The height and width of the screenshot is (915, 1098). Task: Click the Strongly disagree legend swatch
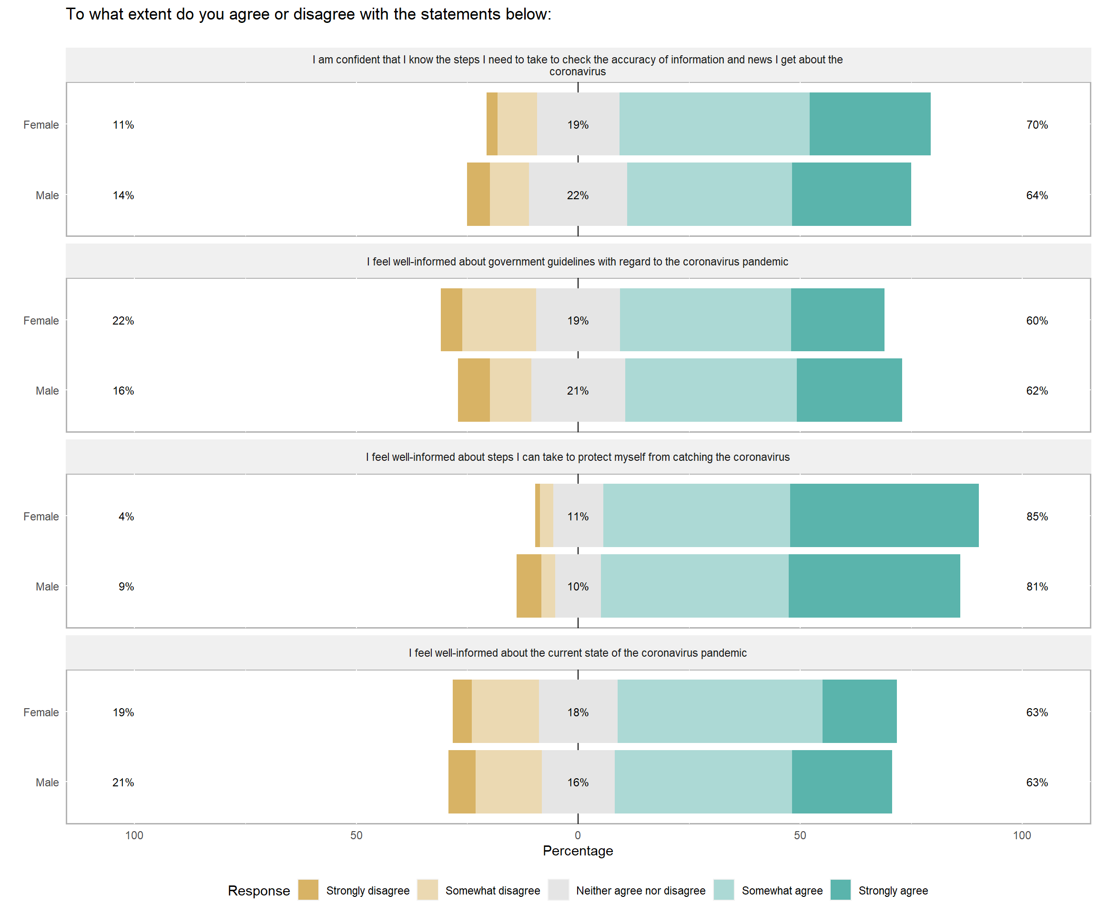(308, 890)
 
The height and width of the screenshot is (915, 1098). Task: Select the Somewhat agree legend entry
(782, 890)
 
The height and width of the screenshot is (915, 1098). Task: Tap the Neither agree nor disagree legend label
(640, 890)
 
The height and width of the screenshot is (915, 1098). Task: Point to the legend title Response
(259, 890)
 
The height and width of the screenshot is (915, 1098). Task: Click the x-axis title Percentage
(578, 851)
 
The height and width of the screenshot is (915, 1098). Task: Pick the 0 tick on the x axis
(578, 835)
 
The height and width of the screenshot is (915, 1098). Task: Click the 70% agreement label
(1037, 124)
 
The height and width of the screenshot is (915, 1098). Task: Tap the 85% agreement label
(1037, 516)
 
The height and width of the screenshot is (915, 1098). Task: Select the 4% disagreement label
(126, 516)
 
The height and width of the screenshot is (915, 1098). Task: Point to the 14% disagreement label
(123, 195)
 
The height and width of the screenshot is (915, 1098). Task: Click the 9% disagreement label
(126, 586)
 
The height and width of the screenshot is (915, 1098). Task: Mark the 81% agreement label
(1037, 586)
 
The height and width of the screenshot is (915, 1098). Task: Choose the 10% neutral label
(578, 586)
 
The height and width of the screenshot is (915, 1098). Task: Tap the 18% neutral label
(578, 712)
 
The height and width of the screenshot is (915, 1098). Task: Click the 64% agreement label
(1037, 195)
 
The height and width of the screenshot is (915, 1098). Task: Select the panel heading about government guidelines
(577, 262)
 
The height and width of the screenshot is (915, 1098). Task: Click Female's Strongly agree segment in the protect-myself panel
(884, 516)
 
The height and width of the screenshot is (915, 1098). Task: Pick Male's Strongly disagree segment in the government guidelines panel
(474, 390)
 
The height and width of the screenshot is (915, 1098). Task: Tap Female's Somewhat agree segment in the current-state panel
(720, 711)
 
